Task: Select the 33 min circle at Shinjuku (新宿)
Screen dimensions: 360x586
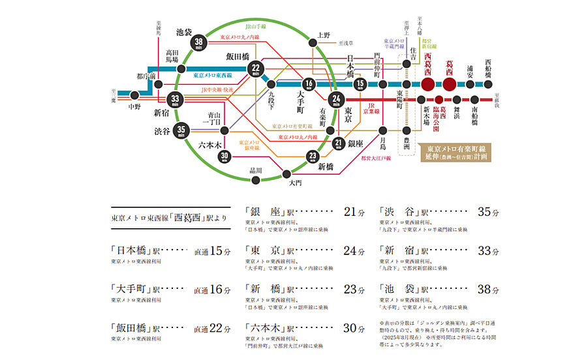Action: (175, 100)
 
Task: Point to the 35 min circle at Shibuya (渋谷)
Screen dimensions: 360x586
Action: (181, 130)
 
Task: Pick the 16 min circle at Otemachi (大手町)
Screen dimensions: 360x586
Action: (309, 84)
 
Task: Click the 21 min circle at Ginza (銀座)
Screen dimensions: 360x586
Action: (338, 143)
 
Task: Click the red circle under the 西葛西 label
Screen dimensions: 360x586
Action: (427, 85)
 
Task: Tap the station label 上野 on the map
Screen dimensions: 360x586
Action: (323, 35)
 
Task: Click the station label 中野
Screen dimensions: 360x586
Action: (134, 106)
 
